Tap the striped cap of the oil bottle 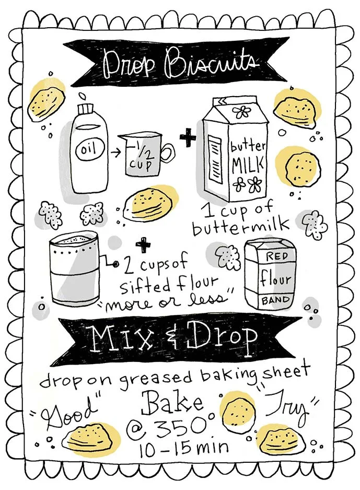(x=86, y=109)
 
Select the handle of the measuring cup (x=168, y=153)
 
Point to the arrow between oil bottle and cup (x=114, y=153)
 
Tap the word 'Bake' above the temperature (x=172, y=403)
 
